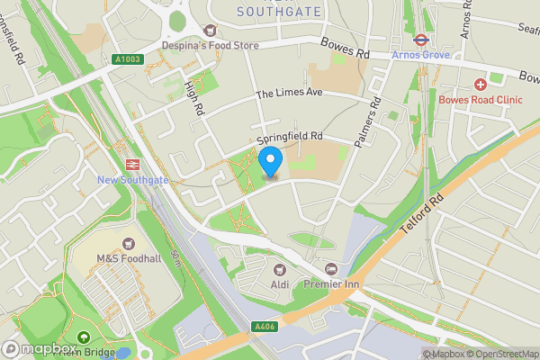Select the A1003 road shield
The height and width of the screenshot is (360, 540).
(128, 59)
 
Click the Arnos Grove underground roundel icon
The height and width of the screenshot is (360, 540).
(420, 40)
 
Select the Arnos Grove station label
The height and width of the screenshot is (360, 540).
(419, 55)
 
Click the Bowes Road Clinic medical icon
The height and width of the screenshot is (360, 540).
(481, 84)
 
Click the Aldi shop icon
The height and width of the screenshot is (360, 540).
(277, 269)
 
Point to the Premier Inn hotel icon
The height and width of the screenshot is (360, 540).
(331, 269)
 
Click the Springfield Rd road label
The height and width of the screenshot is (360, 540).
(290, 137)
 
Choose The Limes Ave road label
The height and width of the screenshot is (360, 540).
(287, 94)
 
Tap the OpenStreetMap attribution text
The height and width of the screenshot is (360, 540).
(504, 354)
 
